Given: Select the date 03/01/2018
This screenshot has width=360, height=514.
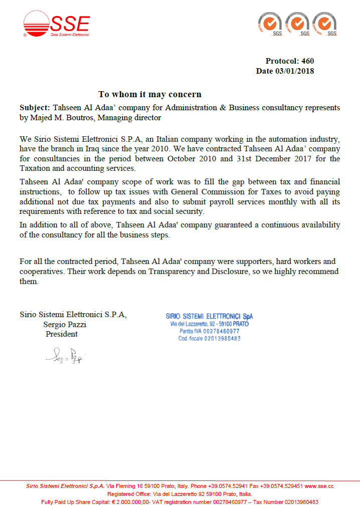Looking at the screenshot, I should [294, 71].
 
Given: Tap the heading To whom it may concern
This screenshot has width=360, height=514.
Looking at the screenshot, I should [150, 94].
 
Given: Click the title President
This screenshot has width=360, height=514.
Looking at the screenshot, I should [62, 334].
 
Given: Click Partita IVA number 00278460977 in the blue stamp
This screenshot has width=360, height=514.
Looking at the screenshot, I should [217, 332].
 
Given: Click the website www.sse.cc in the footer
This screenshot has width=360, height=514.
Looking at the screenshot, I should [319, 486].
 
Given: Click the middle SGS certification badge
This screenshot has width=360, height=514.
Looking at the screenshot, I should [297, 25].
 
